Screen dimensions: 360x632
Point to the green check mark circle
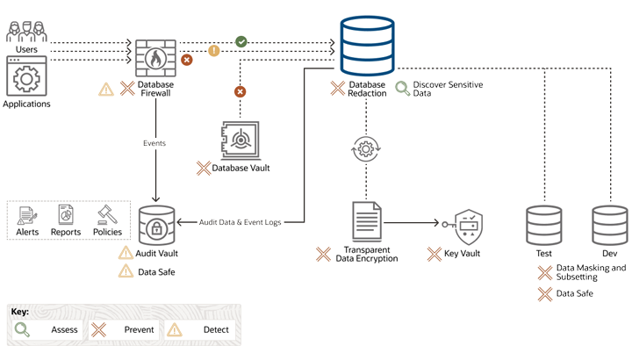click(240, 41)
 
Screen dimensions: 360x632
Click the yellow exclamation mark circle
click(213, 52)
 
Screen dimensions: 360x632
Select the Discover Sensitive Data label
click(448, 88)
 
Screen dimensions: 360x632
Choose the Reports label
click(66, 232)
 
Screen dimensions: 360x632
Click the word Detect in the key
click(215, 330)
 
